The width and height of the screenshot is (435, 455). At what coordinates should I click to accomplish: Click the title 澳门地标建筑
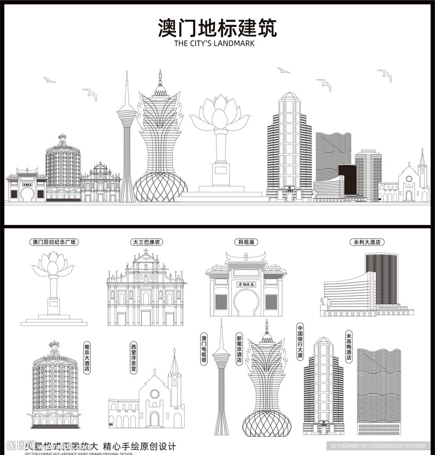[217, 28]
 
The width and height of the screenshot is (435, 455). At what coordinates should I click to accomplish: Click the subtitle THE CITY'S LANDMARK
[214, 44]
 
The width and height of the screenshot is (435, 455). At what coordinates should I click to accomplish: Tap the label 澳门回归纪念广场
[54, 242]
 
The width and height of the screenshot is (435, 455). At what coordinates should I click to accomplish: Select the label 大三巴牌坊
[146, 242]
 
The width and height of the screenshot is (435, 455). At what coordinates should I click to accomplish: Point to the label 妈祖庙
[246, 242]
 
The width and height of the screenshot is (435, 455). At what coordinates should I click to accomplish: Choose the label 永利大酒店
[367, 242]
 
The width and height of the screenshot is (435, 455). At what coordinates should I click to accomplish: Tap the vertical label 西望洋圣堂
[133, 357]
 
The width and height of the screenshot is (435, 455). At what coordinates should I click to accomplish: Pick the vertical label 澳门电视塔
[204, 350]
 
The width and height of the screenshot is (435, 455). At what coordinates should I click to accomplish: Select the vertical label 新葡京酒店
[239, 349]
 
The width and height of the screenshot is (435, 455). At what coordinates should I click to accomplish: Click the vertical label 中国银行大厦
[301, 341]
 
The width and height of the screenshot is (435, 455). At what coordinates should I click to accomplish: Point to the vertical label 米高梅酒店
[349, 347]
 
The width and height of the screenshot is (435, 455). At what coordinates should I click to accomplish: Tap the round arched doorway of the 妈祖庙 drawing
[246, 303]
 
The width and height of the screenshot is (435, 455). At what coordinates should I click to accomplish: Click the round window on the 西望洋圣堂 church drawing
[154, 394]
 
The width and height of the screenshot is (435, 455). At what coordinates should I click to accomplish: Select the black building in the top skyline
[348, 179]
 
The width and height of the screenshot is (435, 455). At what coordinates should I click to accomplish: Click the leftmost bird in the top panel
[49, 80]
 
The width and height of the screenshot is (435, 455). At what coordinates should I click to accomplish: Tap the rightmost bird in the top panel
[385, 75]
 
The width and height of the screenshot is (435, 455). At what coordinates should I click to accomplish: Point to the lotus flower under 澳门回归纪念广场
[53, 264]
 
